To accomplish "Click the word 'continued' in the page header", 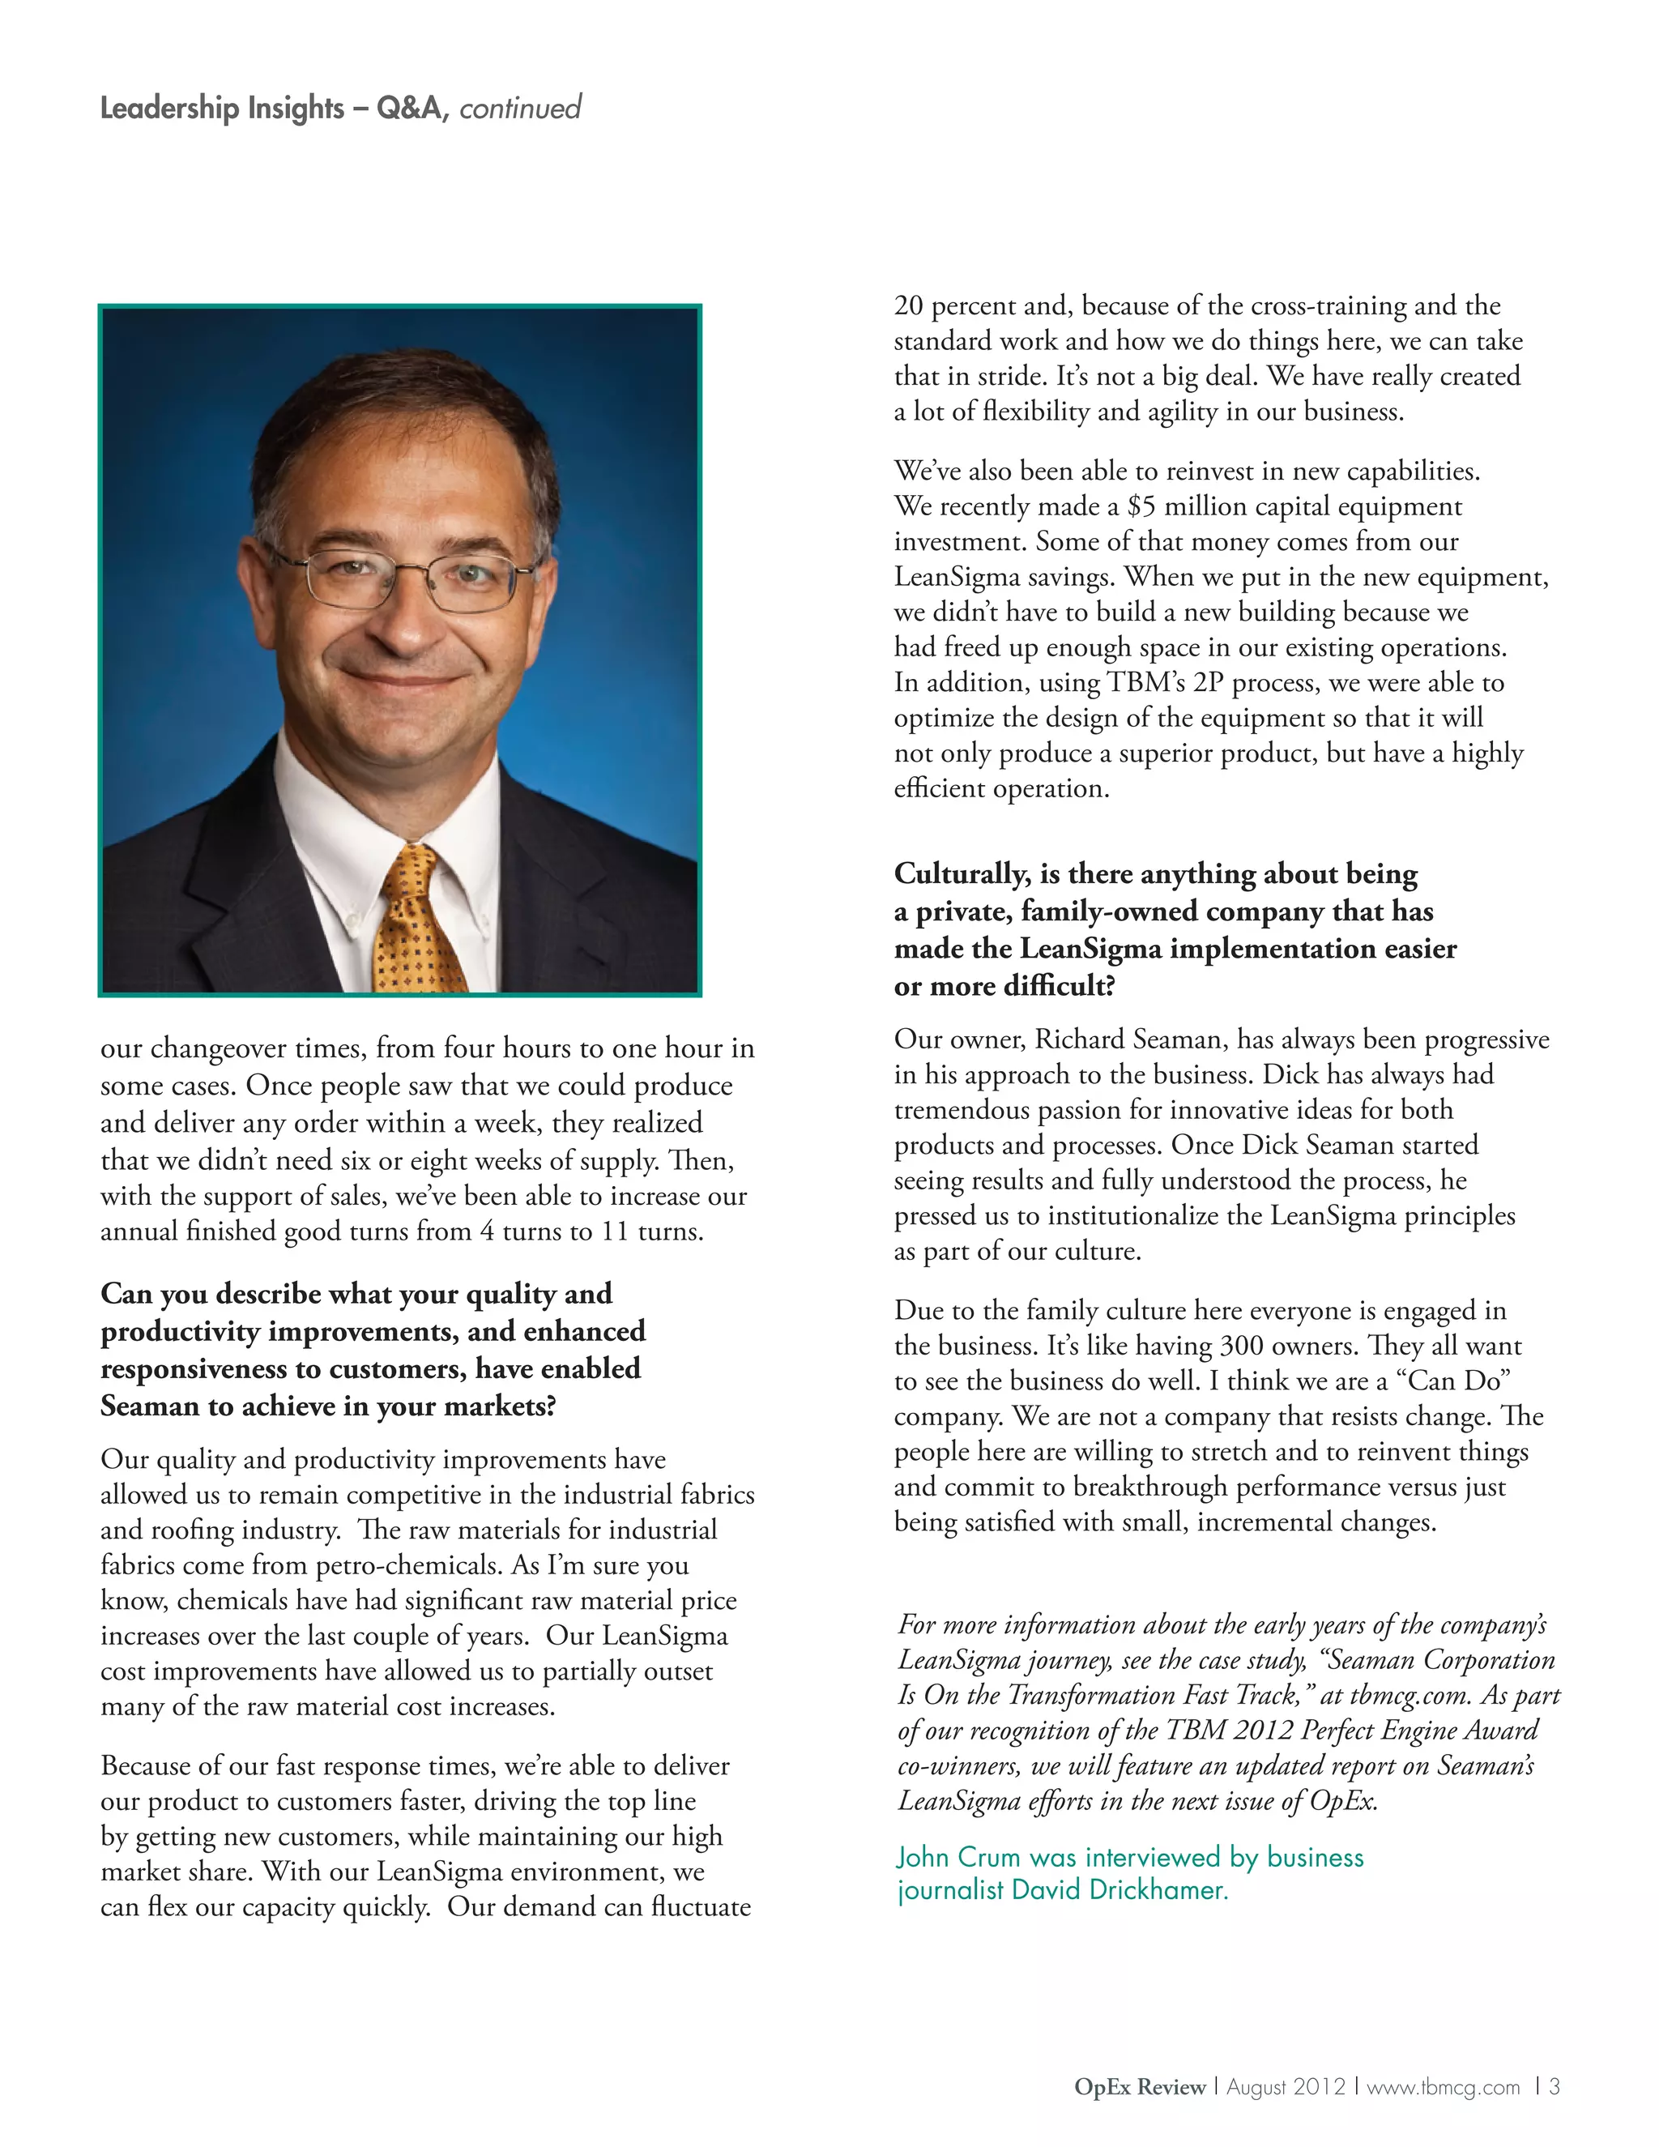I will pos(520,107).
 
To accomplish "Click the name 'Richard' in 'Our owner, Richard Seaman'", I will pos(1081,1039).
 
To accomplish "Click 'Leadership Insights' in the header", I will pos(222,107).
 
